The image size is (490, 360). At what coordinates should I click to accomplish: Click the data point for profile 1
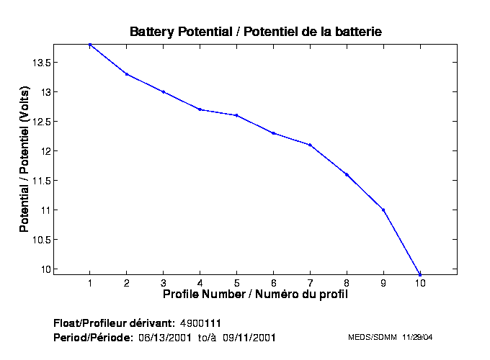[90, 45]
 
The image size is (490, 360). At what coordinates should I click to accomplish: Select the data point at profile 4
[200, 109]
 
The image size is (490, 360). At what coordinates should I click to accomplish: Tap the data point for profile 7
[310, 145]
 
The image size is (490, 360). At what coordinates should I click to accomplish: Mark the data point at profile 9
[383, 210]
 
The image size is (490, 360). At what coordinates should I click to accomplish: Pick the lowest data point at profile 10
[420, 274]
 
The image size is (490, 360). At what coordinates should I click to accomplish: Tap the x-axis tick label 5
[236, 282]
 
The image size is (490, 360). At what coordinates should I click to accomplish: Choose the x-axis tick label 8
[347, 282]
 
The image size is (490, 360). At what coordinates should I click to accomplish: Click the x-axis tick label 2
[127, 282]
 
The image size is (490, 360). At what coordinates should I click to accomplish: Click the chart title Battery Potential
[255, 32]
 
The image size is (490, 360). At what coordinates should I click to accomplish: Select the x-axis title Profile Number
[255, 294]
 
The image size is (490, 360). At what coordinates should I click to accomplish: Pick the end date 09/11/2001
[250, 337]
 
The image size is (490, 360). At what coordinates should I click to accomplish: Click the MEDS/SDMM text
[368, 337]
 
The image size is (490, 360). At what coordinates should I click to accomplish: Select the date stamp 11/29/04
[417, 337]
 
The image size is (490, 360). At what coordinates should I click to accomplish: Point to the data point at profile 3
[164, 92]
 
